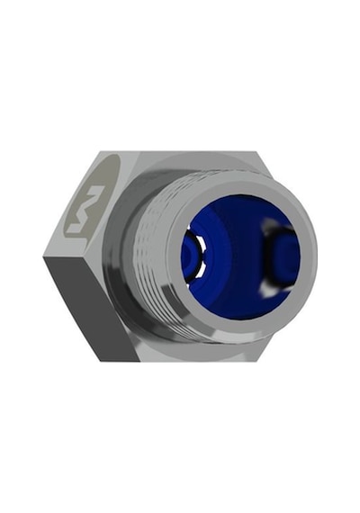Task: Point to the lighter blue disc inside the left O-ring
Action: pos(189,256)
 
